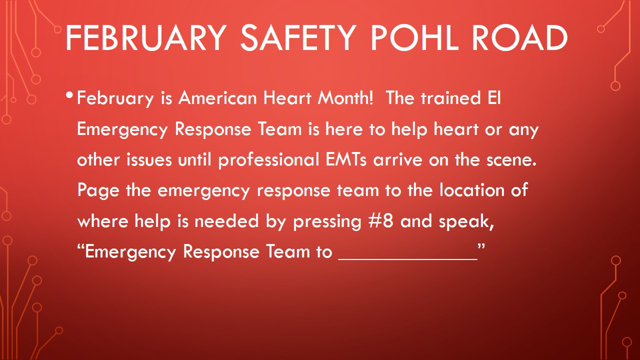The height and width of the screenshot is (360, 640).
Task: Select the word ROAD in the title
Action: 519,38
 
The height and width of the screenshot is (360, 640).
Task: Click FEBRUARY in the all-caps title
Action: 146,38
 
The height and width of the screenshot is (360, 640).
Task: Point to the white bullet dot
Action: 69,95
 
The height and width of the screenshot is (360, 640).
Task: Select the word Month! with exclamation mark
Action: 345,98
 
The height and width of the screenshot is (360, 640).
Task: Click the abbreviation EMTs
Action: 345,159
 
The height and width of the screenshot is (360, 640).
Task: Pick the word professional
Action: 268,160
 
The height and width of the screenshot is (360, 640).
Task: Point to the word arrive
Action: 397,159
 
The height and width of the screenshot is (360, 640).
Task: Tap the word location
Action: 471,189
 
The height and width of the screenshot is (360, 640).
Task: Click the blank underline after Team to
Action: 407,259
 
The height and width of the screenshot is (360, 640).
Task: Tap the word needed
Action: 226,221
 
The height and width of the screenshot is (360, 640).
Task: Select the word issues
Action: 149,159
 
